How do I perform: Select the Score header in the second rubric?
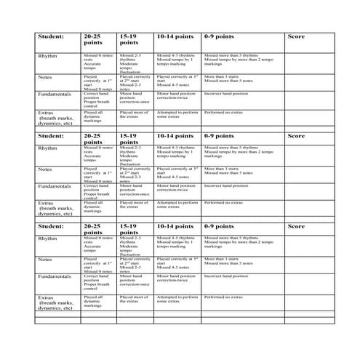pyautogui.click(x=296, y=135)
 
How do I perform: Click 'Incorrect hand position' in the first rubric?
pyautogui.click(x=227, y=94)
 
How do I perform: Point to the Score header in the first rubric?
pyautogui.click(x=296, y=36)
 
